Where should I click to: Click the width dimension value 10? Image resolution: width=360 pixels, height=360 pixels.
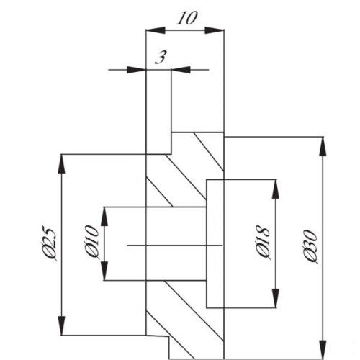187,18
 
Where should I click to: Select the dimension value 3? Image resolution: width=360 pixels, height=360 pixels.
161,58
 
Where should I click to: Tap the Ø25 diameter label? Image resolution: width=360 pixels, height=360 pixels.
49,243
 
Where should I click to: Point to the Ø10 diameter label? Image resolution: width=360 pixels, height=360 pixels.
92,242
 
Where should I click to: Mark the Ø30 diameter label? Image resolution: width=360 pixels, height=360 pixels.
310,247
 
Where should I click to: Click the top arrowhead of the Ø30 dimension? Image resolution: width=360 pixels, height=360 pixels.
323,147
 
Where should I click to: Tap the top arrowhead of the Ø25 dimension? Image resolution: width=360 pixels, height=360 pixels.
62,164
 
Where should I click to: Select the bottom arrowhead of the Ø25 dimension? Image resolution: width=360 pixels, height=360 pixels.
62,325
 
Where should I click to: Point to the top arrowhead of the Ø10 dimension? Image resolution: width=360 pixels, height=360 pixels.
104,217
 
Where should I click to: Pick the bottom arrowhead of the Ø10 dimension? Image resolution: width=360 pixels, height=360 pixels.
104,271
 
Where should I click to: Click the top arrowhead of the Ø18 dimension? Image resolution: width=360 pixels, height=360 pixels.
276,189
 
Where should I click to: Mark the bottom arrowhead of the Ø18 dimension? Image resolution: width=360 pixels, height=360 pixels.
276,297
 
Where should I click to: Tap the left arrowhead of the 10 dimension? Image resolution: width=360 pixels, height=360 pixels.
156,30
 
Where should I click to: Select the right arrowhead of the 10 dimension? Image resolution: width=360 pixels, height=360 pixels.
215,30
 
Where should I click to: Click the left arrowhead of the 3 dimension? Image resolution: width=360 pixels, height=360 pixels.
136,70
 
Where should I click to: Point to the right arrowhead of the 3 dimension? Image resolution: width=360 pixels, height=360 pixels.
181,70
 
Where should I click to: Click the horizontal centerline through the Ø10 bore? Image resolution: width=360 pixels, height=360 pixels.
174,246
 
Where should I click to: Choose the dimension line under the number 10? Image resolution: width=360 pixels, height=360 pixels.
185,30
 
